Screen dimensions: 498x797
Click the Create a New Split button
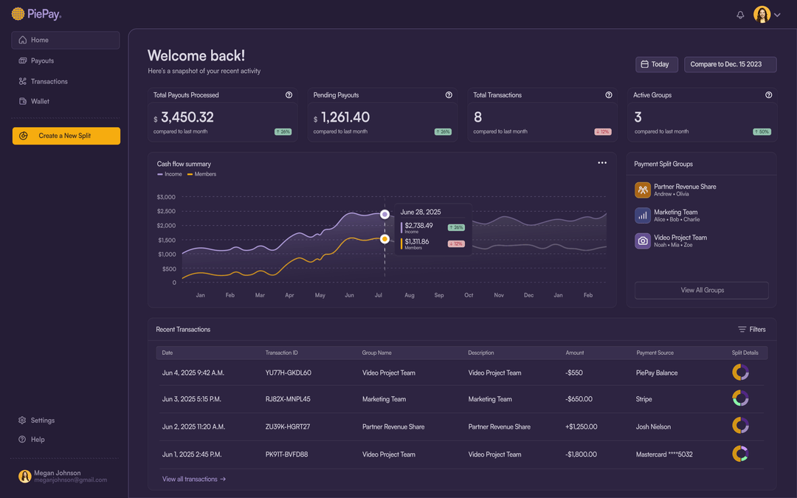click(x=66, y=136)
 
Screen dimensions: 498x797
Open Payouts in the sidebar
click(x=42, y=60)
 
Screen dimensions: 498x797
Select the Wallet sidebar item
click(x=40, y=101)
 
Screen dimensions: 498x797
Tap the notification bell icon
click(x=740, y=15)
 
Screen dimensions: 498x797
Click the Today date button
click(x=656, y=64)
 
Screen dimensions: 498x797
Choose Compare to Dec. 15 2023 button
click(x=730, y=64)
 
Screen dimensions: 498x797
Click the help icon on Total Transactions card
click(x=609, y=95)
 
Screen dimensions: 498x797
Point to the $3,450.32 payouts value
click(x=187, y=117)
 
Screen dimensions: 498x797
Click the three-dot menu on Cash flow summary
click(x=602, y=163)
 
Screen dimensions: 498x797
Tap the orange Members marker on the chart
click(x=384, y=239)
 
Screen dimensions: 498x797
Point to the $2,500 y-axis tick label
click(x=166, y=211)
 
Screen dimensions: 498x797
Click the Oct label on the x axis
click(x=469, y=295)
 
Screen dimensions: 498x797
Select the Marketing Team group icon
click(x=643, y=215)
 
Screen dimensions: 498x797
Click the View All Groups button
click(x=701, y=290)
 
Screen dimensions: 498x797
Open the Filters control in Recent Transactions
click(x=751, y=330)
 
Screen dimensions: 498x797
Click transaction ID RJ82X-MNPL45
click(x=288, y=399)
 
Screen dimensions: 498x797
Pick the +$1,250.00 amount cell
click(x=581, y=426)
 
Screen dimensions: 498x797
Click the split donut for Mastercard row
click(x=740, y=454)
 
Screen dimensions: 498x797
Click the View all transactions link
click(x=193, y=479)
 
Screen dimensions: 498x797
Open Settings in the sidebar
click(x=42, y=421)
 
